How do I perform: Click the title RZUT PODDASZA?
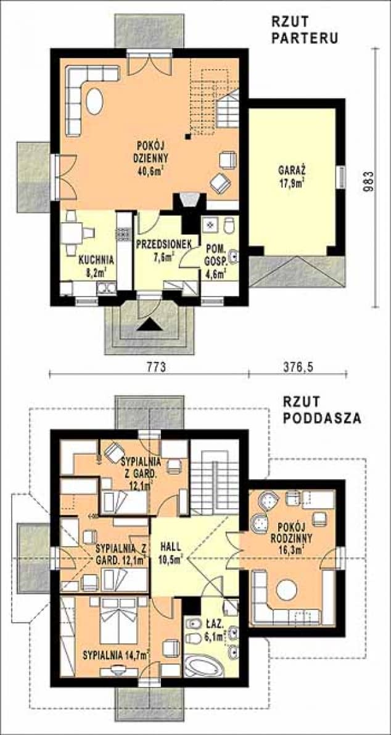(322, 409)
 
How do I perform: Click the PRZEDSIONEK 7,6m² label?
(157, 249)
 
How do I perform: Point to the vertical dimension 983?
(370, 179)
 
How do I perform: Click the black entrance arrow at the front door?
(149, 324)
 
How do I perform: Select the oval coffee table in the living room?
(94, 101)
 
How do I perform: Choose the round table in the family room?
(286, 590)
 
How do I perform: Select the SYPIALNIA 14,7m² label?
(117, 654)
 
